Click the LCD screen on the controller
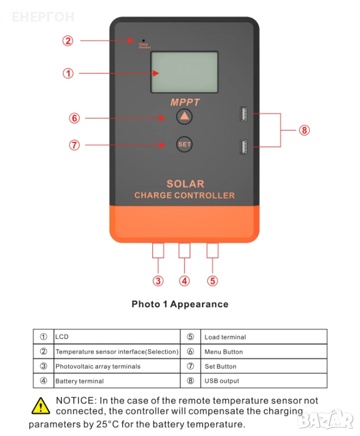click(184, 72)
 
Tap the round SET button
click(185, 144)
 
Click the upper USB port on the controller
click(242, 115)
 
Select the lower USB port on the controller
click(242, 148)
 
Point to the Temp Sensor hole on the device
click(143, 40)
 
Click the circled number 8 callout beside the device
click(304, 130)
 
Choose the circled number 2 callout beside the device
click(68, 41)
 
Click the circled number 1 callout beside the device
click(68, 73)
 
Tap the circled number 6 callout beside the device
click(74, 119)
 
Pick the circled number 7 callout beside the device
click(74, 145)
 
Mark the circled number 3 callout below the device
click(158, 280)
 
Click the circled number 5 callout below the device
click(212, 280)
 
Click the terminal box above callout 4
click(185, 250)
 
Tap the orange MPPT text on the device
click(185, 102)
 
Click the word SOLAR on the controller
click(185, 184)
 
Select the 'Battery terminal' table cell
click(116, 381)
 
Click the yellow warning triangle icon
click(40, 405)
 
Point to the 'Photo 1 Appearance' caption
click(180, 304)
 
